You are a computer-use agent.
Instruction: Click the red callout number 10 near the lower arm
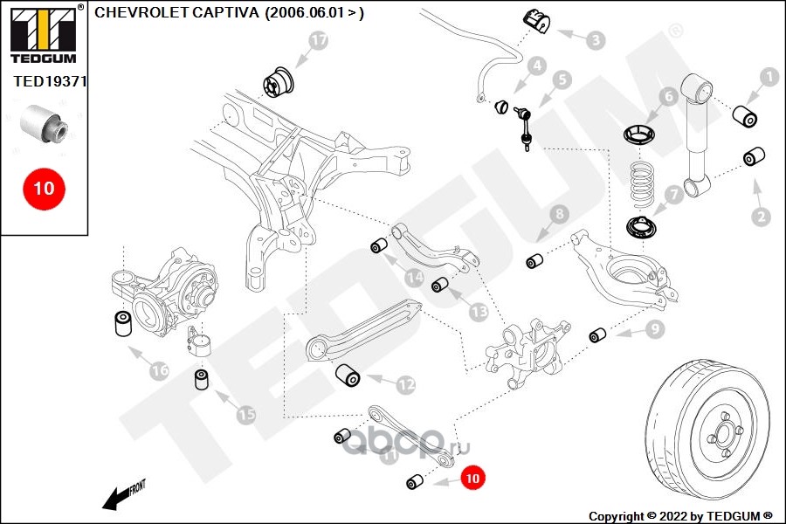click(x=472, y=478)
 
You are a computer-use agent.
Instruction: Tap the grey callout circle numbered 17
click(x=319, y=40)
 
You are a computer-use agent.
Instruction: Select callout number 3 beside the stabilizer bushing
click(x=596, y=39)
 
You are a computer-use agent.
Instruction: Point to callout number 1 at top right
click(x=769, y=78)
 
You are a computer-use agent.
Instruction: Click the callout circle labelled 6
click(x=668, y=96)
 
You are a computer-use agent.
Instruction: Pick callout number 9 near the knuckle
click(x=654, y=328)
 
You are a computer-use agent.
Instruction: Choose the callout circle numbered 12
click(x=406, y=383)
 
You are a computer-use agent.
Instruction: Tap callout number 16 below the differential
click(x=158, y=371)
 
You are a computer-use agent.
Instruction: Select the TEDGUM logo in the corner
click(x=42, y=33)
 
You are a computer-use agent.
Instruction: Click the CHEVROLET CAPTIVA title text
click(x=229, y=13)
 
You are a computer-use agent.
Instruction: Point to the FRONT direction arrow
click(x=121, y=496)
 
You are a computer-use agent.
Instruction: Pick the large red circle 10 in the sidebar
click(x=44, y=188)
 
